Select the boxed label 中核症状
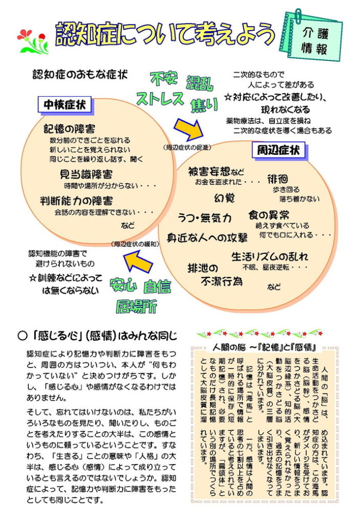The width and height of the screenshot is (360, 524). tap(65, 105)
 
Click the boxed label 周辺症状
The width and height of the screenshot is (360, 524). tap(279, 150)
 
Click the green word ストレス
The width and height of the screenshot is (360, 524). tap(160, 98)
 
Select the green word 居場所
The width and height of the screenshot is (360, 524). tap(136, 306)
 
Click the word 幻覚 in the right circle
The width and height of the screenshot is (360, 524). tap(224, 198)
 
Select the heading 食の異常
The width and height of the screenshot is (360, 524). tap(269, 214)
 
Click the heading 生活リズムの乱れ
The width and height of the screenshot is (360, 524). tap(270, 256)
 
